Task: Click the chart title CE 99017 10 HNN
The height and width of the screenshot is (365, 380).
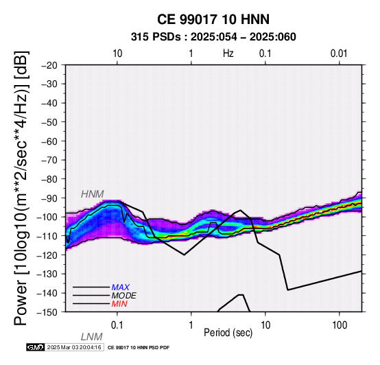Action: [213, 19]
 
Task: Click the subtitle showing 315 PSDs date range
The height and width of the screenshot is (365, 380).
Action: [213, 37]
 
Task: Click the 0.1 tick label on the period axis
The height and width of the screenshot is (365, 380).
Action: [117, 325]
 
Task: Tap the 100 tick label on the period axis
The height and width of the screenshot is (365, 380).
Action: [340, 325]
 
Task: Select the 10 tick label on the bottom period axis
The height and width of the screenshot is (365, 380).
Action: [265, 325]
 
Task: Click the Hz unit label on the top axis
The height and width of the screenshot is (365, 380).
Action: [228, 54]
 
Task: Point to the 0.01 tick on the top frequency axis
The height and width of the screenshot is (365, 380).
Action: [339, 54]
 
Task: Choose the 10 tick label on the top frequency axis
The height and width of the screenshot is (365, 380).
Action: [117, 54]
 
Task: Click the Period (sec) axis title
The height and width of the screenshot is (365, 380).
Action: [228, 333]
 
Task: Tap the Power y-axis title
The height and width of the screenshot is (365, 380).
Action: [21, 188]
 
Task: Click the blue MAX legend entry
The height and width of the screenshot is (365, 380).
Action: [121, 287]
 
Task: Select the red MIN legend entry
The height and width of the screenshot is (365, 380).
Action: [119, 304]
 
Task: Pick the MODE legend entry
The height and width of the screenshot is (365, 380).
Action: [124, 296]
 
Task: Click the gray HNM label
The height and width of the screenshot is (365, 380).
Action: [93, 194]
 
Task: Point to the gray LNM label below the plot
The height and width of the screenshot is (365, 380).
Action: [92, 337]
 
